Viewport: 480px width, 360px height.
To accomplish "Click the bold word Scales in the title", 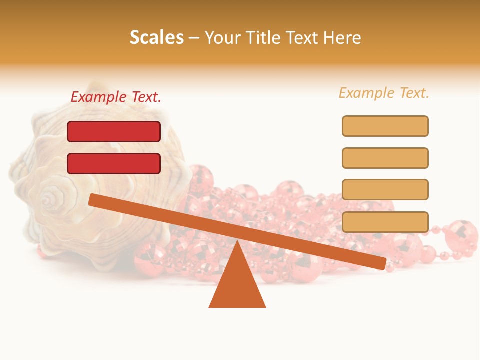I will click(x=156, y=37).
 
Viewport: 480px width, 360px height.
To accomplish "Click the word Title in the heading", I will click(x=268, y=37).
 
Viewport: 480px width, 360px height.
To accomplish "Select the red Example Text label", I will click(x=116, y=97).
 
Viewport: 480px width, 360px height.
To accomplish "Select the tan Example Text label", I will click(x=384, y=93).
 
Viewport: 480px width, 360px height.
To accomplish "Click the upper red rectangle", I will click(x=114, y=131).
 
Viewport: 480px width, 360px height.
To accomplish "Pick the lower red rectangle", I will click(x=114, y=163).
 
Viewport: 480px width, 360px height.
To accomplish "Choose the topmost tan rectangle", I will click(x=385, y=126).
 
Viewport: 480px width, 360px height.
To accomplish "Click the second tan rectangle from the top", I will click(x=385, y=158).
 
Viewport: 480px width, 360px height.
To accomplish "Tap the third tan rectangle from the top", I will click(x=385, y=189).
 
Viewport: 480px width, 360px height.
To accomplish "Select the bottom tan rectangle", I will click(x=385, y=222).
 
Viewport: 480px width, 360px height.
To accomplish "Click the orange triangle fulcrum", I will click(x=237, y=285).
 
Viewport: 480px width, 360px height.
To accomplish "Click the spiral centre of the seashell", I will click(x=48, y=200).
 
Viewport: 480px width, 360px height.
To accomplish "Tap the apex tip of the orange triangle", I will click(x=237, y=242).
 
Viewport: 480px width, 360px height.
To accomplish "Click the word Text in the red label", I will click(x=146, y=97).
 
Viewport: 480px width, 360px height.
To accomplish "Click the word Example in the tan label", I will click(x=366, y=93).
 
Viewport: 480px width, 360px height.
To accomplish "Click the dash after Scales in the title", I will click(x=194, y=38).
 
